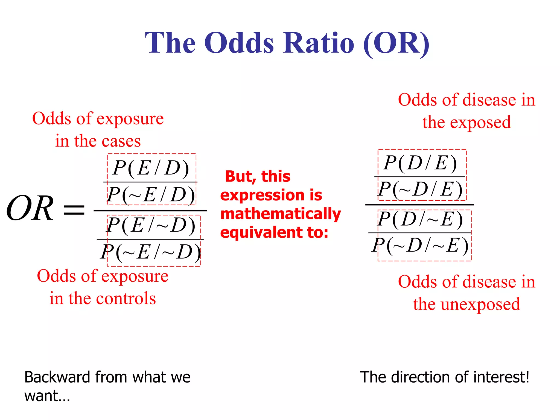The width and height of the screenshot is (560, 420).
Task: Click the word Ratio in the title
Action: pyautogui.click(x=319, y=43)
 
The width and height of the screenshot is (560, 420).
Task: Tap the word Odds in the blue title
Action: pyautogui.click(x=239, y=43)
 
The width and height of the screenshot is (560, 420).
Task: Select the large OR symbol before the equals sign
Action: pyautogui.click(x=30, y=208)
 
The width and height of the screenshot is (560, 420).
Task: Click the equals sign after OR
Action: pyautogui.click(x=74, y=210)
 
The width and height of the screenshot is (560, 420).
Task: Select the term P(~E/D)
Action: pyautogui.click(x=151, y=195)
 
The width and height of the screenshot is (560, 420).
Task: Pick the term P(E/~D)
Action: pyautogui.click(x=151, y=226)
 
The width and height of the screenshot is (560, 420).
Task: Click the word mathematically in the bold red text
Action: pyautogui.click(x=281, y=214)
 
